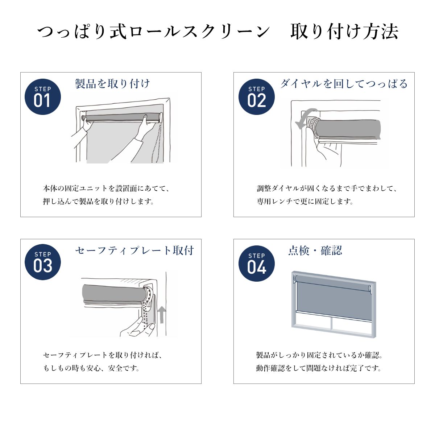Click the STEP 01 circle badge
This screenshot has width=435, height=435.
(x=43, y=97)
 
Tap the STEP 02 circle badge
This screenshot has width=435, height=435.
(x=256, y=97)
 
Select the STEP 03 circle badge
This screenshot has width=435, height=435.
(x=43, y=262)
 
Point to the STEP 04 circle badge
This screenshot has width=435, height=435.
(x=256, y=263)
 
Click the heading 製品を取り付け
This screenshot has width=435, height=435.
(x=112, y=83)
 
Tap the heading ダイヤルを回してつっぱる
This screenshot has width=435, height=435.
(x=344, y=83)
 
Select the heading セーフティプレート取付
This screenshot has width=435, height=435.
(x=134, y=250)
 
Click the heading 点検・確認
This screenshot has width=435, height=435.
(x=315, y=250)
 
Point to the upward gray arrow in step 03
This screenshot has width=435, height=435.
(x=161, y=314)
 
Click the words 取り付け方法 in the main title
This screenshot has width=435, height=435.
(x=344, y=32)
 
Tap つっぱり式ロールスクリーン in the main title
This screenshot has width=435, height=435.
(x=153, y=32)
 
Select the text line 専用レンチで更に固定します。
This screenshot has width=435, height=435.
(x=305, y=201)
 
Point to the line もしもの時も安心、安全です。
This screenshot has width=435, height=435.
(x=91, y=368)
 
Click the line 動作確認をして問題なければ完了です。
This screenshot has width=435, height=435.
(x=319, y=368)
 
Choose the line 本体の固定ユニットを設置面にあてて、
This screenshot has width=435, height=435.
(x=106, y=188)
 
